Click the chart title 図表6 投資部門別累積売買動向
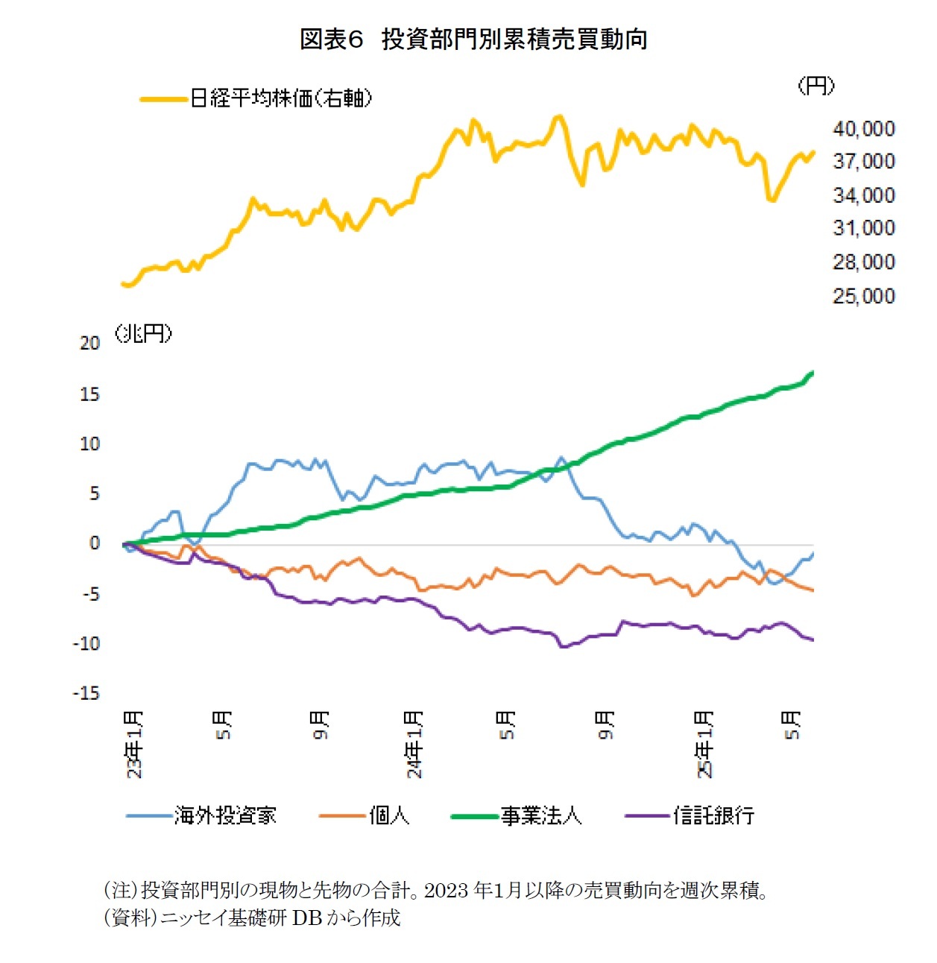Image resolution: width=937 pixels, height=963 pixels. [473, 39]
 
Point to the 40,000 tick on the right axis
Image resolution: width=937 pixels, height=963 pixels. [863, 128]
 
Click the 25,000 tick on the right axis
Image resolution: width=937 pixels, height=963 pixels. [863, 296]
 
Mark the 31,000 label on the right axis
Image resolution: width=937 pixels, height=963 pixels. [863, 228]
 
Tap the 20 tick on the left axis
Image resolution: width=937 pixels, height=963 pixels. [89, 343]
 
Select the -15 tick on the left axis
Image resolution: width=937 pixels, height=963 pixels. [86, 693]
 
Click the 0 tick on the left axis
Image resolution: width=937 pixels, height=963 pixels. [94, 543]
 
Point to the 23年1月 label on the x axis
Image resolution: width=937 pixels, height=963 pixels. [133, 744]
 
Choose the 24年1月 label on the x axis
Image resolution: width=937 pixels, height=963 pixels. [414, 744]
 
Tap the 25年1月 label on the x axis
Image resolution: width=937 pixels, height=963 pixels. [704, 744]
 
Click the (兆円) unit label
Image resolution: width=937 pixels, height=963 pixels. [143, 333]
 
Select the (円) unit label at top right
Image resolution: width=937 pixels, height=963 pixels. [815, 86]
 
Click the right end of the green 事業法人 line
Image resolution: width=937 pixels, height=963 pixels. [812, 372]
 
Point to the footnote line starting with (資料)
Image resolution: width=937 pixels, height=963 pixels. [251, 918]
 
